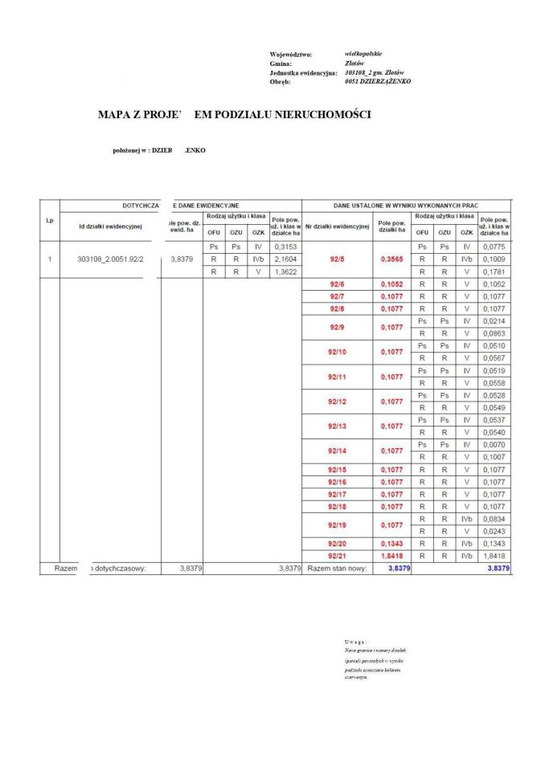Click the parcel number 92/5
pos(337,259)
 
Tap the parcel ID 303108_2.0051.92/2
pos(109,259)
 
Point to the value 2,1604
pos(286,259)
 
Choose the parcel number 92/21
pos(337,556)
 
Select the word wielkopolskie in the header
pos(363,53)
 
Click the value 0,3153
pos(286,247)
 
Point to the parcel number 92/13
pos(337,426)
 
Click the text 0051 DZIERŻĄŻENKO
pos(378,81)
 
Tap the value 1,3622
pos(286,272)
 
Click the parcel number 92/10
pos(337,352)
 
